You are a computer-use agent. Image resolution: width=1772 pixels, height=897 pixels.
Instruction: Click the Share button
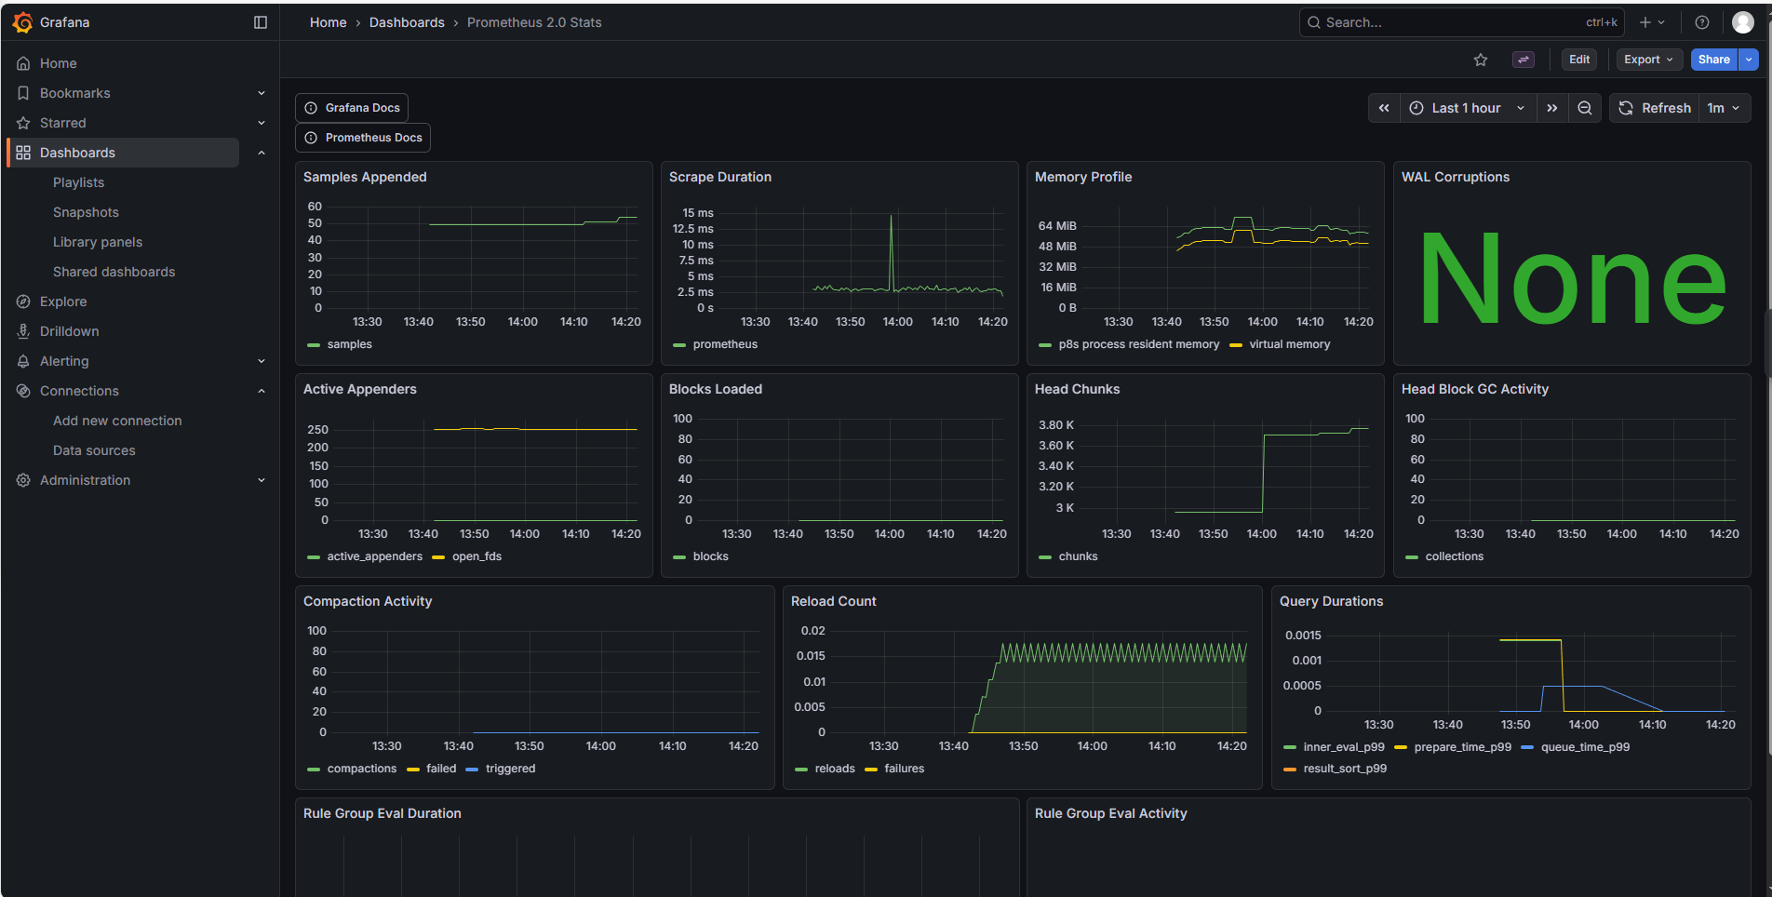tap(1713, 60)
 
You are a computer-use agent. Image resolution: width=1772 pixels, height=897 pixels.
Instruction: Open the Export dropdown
tap(1648, 60)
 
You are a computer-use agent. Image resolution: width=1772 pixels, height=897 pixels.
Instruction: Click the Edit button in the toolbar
tap(1579, 60)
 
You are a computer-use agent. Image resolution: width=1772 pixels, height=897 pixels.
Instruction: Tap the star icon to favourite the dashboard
tap(1481, 60)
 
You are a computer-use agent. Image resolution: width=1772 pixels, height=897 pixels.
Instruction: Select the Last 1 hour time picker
tap(1467, 108)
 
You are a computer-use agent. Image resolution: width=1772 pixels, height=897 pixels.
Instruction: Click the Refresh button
tap(1656, 108)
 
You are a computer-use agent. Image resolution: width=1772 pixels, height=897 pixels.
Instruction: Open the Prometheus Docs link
tap(363, 138)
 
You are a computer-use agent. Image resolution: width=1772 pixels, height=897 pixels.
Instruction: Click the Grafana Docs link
tap(352, 108)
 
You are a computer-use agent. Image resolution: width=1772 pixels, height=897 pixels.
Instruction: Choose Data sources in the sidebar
tap(94, 450)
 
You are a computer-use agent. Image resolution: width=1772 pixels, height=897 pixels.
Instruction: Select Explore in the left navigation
tap(63, 301)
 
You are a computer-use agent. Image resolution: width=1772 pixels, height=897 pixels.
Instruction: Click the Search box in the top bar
tap(1452, 22)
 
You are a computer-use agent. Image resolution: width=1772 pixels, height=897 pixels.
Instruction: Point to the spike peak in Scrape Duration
tap(891, 217)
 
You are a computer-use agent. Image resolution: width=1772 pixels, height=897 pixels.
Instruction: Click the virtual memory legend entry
tap(1289, 344)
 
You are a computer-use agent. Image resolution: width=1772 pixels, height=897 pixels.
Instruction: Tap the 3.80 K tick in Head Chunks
tap(1056, 425)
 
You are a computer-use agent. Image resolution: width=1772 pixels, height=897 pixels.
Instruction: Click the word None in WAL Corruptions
tap(1572, 279)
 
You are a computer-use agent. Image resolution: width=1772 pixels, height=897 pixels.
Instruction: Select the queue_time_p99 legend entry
tap(1585, 747)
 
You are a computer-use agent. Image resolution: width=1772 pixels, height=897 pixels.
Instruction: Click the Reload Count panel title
tap(833, 601)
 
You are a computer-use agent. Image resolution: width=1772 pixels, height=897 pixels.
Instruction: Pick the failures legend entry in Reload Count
tap(904, 769)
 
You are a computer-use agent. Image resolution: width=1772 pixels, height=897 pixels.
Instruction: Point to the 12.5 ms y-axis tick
tap(693, 229)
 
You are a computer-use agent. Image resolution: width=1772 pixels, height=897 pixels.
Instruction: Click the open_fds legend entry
tap(477, 556)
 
